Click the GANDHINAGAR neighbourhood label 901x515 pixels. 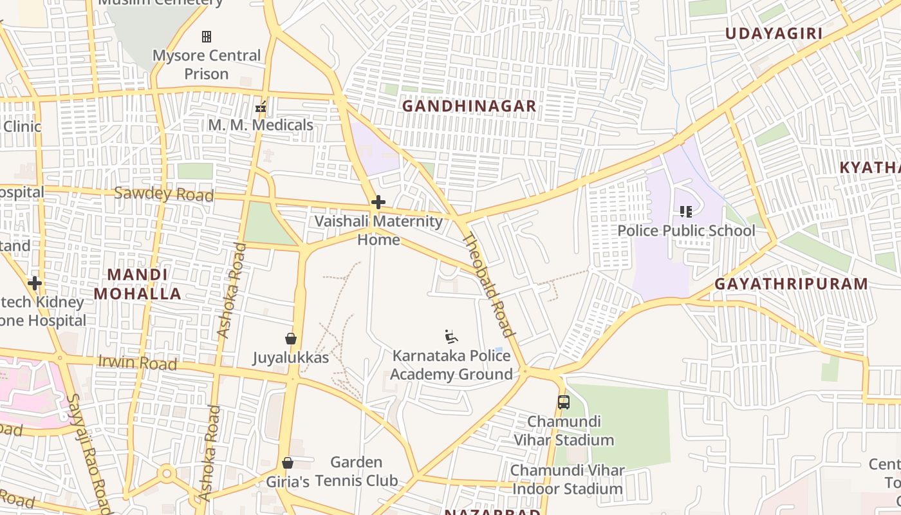[x=469, y=106]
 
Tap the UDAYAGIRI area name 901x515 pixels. [x=774, y=33]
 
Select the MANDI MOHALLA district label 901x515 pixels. [x=137, y=284]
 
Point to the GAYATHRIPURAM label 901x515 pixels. [x=791, y=284]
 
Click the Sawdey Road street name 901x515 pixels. [x=163, y=194]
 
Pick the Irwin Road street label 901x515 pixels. [x=137, y=362]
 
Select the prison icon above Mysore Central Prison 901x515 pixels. [x=207, y=37]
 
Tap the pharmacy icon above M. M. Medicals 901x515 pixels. [x=261, y=107]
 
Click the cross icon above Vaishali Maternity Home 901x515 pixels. [x=378, y=203]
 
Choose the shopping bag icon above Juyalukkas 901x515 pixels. [x=291, y=339]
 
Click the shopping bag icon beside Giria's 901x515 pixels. [x=288, y=463]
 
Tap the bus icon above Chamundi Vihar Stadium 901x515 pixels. [x=564, y=402]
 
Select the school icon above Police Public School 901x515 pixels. [x=686, y=211]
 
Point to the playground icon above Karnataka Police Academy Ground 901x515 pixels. [x=451, y=337]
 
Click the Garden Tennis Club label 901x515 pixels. [x=356, y=471]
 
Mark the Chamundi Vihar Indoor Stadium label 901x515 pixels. [x=567, y=480]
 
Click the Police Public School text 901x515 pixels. [x=686, y=230]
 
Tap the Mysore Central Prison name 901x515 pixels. [x=207, y=64]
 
